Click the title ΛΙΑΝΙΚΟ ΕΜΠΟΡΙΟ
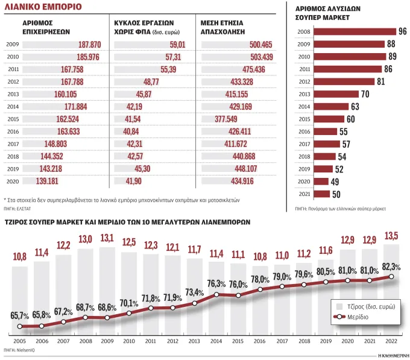pos(43,7)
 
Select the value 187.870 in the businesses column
pos(90,45)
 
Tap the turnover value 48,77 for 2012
pos(151,82)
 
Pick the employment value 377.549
pos(226,119)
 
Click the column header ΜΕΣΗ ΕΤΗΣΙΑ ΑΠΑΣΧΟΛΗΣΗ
pos(222,28)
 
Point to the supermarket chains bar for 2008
pos(355,31)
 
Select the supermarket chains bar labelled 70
pos(336,94)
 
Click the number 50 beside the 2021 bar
pos(336,194)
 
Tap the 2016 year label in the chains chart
pos(304,131)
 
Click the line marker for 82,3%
pos(391,277)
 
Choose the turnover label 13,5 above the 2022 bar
pos(391,236)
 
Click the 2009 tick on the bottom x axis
pos(107,341)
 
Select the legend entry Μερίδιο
pos(351,317)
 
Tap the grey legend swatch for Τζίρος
pos(339,306)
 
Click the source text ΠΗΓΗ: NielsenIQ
pos(19,350)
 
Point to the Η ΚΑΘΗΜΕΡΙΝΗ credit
pos(394,356)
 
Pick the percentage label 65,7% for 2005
pos(20,315)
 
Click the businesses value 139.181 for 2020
pos(47,181)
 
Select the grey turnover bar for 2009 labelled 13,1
pos(107,291)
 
